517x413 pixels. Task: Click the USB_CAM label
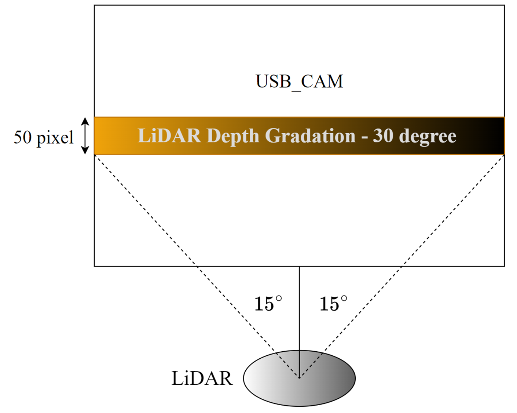tap(299, 81)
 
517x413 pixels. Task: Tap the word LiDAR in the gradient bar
tap(169, 136)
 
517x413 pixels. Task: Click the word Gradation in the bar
tap(310, 136)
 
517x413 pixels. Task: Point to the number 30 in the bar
tap(383, 136)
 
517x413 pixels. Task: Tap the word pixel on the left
tap(55, 138)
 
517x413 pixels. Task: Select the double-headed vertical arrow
tap(85, 136)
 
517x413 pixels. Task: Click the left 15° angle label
tap(268, 304)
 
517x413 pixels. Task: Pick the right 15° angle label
tap(333, 304)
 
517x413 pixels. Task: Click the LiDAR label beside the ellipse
tap(202, 378)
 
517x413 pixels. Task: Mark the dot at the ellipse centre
tap(299, 377)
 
